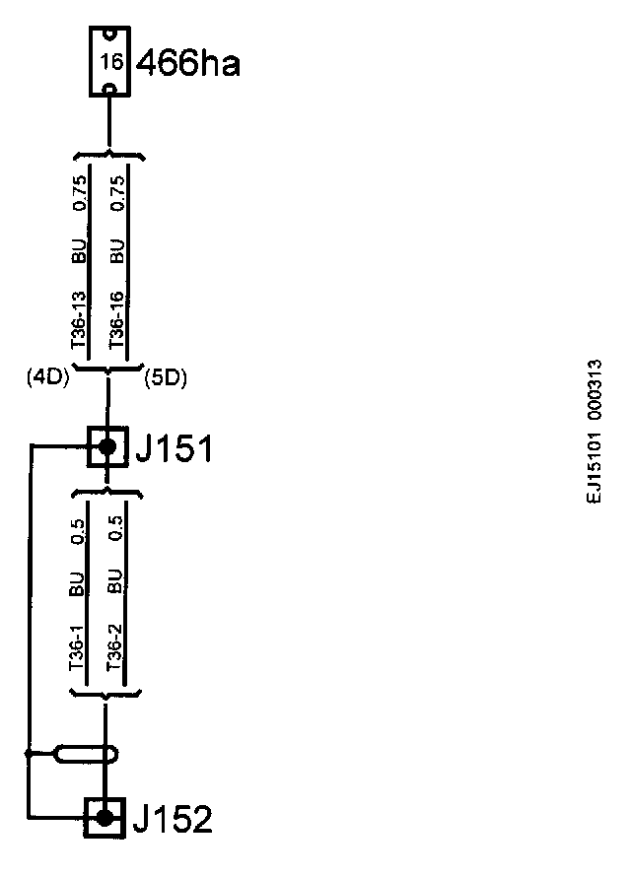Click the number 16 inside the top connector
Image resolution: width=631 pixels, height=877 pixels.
pos(109,61)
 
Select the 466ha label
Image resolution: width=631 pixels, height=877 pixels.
pos(188,64)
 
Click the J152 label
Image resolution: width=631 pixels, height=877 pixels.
pos(173,819)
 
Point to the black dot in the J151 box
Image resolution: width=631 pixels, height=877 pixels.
pos(106,447)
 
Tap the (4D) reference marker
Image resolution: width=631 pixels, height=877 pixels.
pos(46,376)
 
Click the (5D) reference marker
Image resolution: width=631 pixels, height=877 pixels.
pos(166,376)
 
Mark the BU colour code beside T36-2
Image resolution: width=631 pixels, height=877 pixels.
pos(114,582)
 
